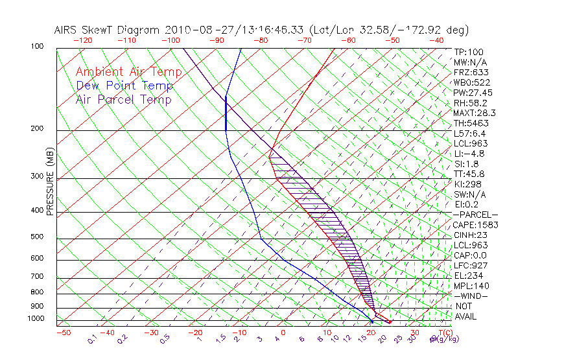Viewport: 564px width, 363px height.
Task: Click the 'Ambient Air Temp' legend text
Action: (x=128, y=72)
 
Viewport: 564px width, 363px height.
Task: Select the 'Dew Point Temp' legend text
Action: (x=124, y=86)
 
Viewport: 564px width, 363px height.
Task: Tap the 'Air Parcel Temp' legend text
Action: (x=123, y=99)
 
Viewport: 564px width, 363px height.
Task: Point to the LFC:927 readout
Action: (x=470, y=265)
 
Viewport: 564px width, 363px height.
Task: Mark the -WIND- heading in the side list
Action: (x=470, y=296)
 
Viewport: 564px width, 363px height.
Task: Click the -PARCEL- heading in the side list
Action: (x=475, y=215)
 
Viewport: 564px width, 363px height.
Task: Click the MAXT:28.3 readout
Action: (x=473, y=113)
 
